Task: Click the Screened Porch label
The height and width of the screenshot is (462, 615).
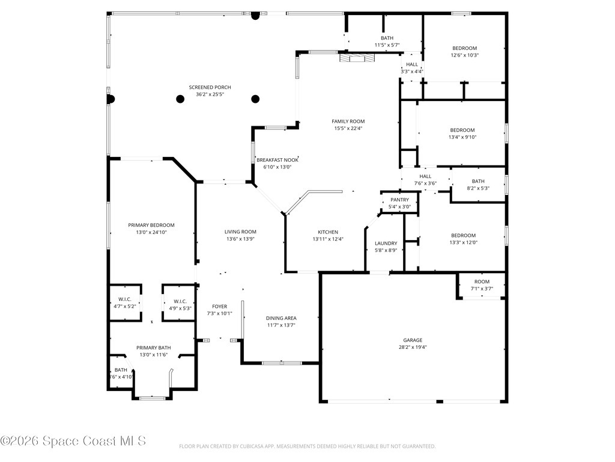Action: [x=210, y=87]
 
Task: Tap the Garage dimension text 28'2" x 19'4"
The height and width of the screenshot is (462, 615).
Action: [x=413, y=347]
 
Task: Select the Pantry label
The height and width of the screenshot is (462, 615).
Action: [x=399, y=200]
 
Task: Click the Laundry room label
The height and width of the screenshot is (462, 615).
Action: [x=386, y=243]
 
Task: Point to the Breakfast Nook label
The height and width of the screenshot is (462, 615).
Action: [x=277, y=160]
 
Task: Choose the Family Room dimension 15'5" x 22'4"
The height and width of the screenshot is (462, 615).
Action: [x=348, y=128]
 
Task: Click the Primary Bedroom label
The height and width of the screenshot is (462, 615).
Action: [x=151, y=225]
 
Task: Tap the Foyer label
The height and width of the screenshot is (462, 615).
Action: [x=219, y=306]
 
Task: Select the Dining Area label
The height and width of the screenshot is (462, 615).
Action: [x=281, y=318]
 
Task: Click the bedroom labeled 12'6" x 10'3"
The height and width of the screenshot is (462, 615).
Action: [x=464, y=48]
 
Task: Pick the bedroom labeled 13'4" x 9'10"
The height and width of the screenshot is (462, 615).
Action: [x=462, y=130]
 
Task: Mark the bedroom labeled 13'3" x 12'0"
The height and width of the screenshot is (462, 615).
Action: [x=463, y=235]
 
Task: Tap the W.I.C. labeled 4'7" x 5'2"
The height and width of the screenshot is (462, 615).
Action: [x=125, y=300]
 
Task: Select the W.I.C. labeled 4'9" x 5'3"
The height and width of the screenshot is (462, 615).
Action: [x=180, y=301]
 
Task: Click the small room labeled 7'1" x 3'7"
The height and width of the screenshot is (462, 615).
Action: [x=482, y=282]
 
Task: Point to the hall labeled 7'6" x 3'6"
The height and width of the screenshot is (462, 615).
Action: [x=425, y=176]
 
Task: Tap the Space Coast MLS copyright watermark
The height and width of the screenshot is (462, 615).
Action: [x=73, y=441]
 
